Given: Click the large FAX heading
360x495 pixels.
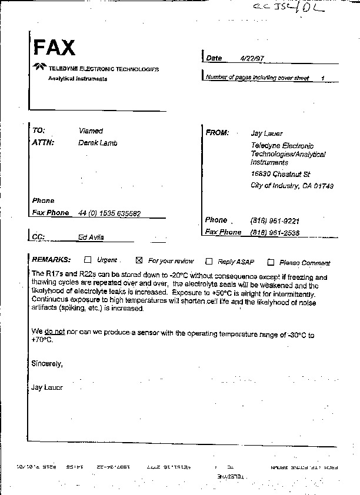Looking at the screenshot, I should click(54, 48).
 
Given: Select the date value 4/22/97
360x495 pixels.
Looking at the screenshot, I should click(252, 59).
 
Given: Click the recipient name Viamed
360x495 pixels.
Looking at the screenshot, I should click(91, 131).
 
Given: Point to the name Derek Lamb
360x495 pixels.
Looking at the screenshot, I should click(98, 143).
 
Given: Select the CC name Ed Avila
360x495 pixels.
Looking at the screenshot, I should click(91, 238).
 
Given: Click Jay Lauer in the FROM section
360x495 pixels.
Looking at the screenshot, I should click(267, 133).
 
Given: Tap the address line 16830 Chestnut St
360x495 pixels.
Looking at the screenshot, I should click(280, 174).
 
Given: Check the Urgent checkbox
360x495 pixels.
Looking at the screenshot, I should click(88, 259).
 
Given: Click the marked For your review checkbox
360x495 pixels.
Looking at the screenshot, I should click(139, 260).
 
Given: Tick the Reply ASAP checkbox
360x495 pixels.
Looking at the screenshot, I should click(209, 262).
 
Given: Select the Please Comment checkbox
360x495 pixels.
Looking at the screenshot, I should click(271, 262).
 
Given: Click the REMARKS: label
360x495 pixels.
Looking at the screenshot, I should click(51, 259).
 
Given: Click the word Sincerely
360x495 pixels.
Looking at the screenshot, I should click(46, 364).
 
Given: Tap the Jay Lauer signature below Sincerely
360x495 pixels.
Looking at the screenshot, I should click(46, 387).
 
